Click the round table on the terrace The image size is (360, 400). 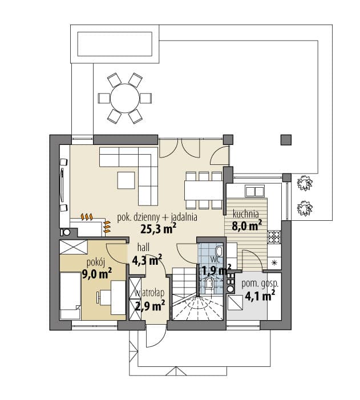coord(125,98)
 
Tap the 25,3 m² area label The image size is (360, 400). coord(159,228)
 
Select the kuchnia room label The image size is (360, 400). coord(246,214)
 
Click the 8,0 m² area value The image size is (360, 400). coord(246,225)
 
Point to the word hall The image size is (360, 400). coord(143,247)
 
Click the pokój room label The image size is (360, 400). coord(96,262)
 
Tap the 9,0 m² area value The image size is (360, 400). coord(96,274)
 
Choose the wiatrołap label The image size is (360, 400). coord(149,293)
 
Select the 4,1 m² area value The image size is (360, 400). coord(260,296)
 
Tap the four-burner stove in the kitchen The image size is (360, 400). coord(274,237)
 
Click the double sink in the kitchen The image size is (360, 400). coord(254,191)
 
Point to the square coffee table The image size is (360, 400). coord(126,180)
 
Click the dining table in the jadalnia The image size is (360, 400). coord(204,191)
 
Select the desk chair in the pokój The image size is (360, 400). coord(99,297)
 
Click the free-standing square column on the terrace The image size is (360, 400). coord(286,140)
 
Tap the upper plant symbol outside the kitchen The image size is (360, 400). coord(305,183)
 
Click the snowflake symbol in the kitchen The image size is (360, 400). coord(274,262)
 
